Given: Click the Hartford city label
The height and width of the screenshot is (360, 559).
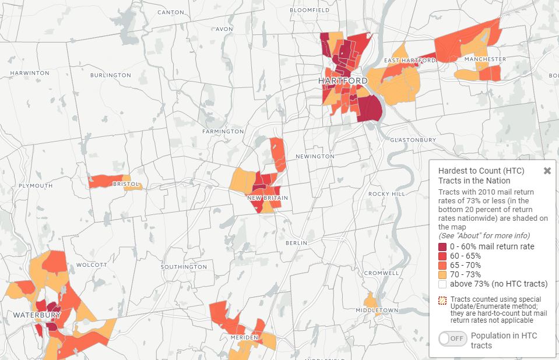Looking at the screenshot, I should pos(343,80).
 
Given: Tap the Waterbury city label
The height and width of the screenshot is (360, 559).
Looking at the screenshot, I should pos(37,315).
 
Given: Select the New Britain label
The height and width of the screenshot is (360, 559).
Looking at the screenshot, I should pos(268,198).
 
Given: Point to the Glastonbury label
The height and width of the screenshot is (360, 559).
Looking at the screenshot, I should pos(413,140).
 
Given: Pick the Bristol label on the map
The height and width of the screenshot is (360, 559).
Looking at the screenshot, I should pos(126,184).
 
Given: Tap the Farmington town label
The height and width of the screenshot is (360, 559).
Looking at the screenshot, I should pos(223,132).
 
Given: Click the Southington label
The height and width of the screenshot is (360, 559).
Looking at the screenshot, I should pos(184,267).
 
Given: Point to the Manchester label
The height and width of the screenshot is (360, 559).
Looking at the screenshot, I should pos(485,59).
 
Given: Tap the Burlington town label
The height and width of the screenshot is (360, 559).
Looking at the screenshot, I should pos(111,75).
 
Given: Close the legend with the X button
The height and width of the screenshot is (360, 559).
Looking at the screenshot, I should pos(547,171).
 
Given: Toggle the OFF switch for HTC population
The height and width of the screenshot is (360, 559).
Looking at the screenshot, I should pos(453,339).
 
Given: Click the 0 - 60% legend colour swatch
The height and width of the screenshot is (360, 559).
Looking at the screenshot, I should pos(442,246).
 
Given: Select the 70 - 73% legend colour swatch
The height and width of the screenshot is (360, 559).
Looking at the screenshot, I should pos(442,274).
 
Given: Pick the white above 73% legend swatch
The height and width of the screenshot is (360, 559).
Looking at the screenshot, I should pos(442,284).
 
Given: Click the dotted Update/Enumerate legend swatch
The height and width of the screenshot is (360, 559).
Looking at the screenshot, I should pos(442,300).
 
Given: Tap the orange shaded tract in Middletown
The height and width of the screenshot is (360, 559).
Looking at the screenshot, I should pos(370,300).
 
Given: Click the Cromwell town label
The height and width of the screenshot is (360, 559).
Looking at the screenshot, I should pos(381,273).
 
